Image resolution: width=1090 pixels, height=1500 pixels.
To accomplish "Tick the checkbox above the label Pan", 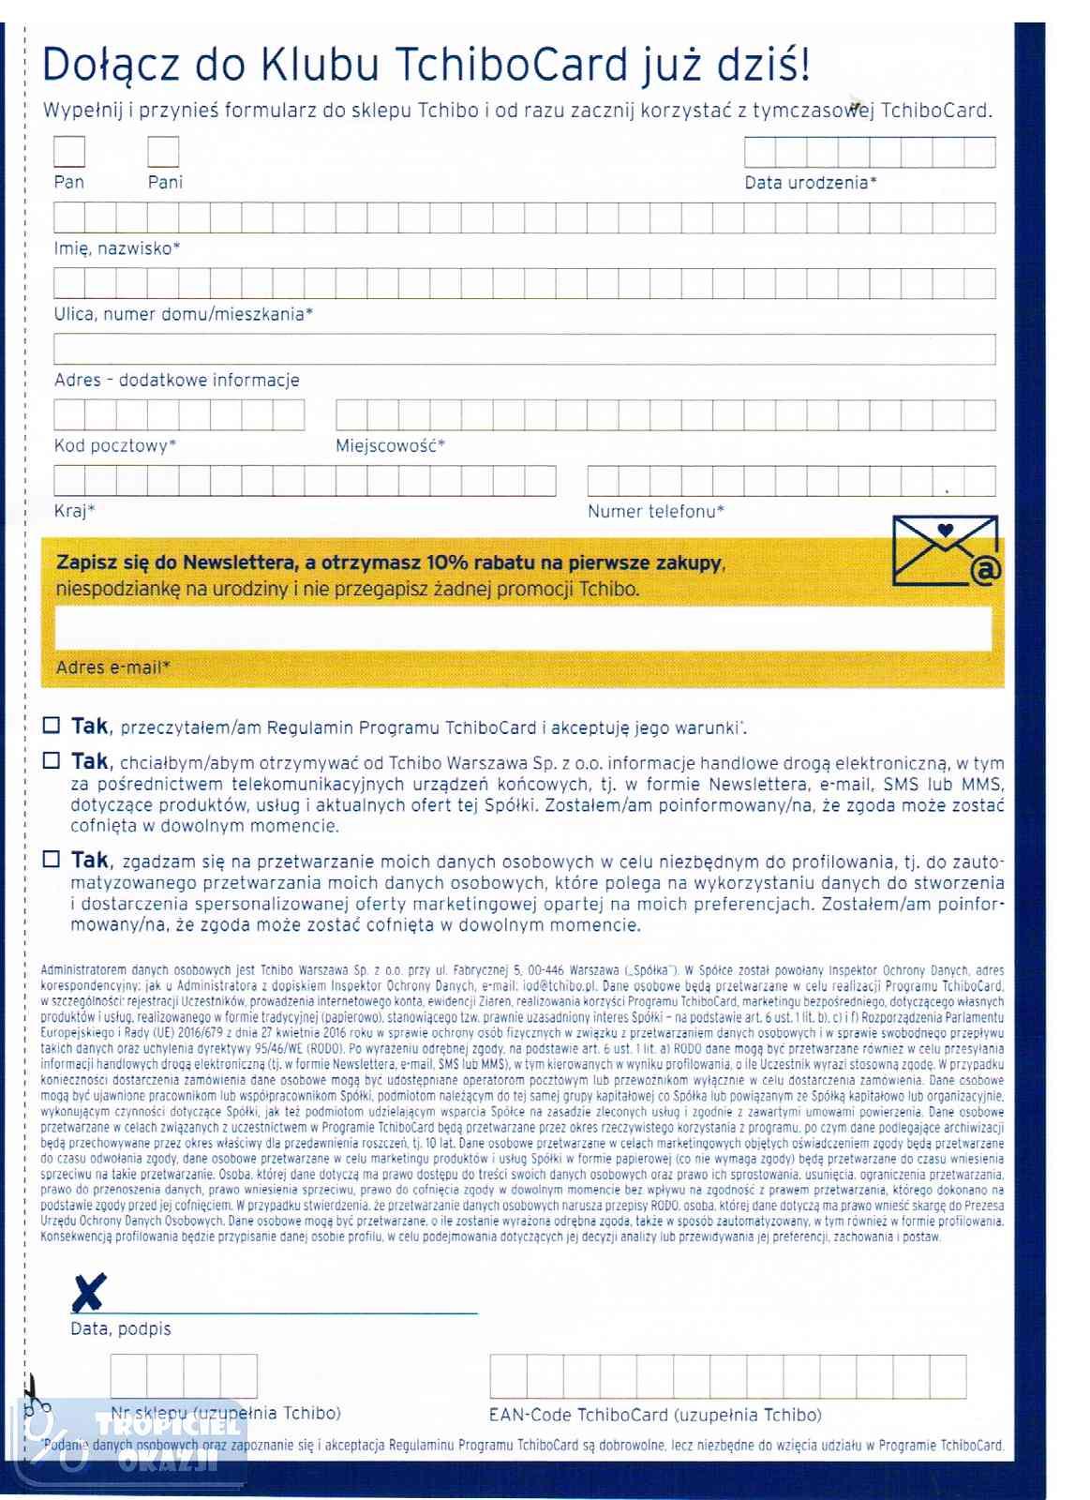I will (69, 152).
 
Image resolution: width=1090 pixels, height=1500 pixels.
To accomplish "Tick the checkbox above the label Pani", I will (163, 152).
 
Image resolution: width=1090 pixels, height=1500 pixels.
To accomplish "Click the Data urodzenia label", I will (810, 183).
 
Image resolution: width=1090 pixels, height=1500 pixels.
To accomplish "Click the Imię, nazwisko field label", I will (116, 248).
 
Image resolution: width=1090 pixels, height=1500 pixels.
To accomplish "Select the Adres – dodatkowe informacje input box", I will (524, 349).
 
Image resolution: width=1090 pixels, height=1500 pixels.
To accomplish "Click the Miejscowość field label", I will (390, 445).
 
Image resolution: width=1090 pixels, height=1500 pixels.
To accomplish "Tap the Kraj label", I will (74, 511).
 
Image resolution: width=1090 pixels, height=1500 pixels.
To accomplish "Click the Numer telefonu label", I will (655, 511).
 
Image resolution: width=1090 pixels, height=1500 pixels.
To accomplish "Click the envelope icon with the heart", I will (946, 550).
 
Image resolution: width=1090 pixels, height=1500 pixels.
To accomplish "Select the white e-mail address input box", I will (523, 628).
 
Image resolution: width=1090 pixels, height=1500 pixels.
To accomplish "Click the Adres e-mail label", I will (112, 667).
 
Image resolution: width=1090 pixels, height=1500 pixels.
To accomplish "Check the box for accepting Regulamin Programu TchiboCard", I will (52, 725).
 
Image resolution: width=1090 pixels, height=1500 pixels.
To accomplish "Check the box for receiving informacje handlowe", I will (52, 761).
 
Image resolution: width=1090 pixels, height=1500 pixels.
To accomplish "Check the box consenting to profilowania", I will (52, 859).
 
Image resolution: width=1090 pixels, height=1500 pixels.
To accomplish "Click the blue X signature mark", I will (88, 1293).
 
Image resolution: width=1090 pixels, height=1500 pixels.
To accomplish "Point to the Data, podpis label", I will (120, 1328).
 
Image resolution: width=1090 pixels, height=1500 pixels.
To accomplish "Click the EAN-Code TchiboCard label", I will (654, 1415).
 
